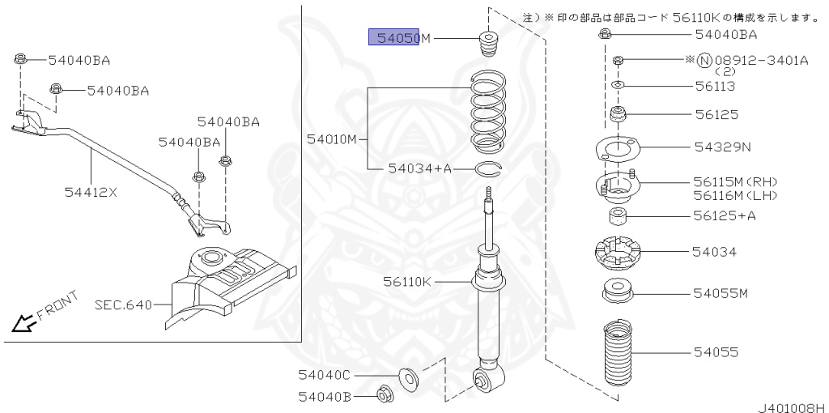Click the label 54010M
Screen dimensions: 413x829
tap(332, 139)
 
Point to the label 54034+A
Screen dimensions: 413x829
tap(419, 168)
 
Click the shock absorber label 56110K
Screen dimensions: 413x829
tap(409, 281)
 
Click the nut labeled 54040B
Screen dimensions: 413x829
tap(385, 395)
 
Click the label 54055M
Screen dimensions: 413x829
tap(721, 292)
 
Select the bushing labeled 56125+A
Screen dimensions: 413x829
tap(619, 217)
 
